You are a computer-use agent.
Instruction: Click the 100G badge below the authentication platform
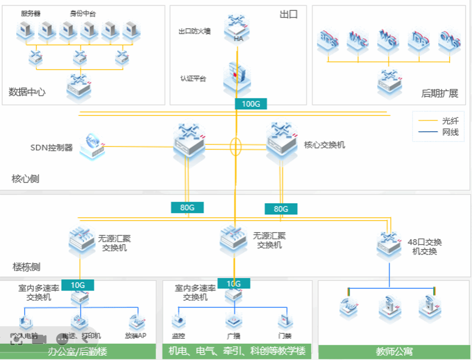pyautogui.click(x=251, y=104)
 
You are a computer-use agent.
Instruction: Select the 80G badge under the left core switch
pyautogui.click(x=187, y=207)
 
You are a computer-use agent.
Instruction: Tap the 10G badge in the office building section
pyautogui.click(x=78, y=284)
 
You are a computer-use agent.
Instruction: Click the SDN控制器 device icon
pyautogui.click(x=92, y=146)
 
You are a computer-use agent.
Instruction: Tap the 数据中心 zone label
pyautogui.click(x=27, y=92)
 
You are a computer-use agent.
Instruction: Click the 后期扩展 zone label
pyautogui.click(x=439, y=93)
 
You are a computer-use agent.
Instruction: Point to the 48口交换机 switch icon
pyautogui.click(x=390, y=244)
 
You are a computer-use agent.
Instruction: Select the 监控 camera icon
pyautogui.click(x=179, y=321)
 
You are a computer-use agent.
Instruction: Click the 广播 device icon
pyautogui.click(x=234, y=321)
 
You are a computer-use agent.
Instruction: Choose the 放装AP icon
pyautogui.click(x=136, y=321)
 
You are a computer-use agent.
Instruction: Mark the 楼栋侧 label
pyautogui.click(x=27, y=267)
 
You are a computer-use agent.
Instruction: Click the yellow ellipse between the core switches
pyautogui.click(x=235, y=146)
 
